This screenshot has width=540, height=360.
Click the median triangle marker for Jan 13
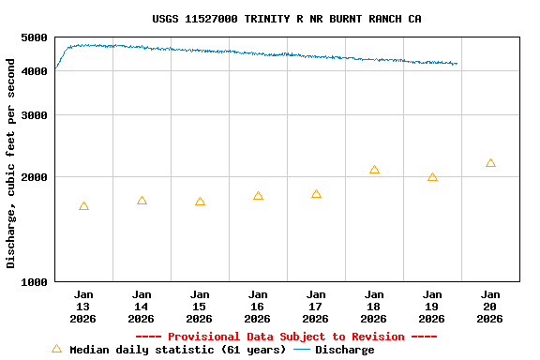(x=83, y=206)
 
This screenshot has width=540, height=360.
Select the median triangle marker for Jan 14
(x=142, y=201)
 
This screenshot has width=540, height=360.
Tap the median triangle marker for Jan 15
(x=200, y=202)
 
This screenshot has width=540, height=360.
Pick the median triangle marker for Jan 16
(x=258, y=196)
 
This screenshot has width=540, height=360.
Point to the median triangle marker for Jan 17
(x=316, y=194)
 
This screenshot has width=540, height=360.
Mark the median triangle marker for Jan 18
(x=374, y=170)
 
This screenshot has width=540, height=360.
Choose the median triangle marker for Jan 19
(x=432, y=177)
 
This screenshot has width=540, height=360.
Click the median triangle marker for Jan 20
(x=490, y=163)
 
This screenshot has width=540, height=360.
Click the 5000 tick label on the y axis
(x=34, y=37)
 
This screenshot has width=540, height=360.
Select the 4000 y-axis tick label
(x=34, y=71)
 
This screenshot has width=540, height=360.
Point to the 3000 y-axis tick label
(x=34, y=115)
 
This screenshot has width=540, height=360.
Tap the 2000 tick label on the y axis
(x=34, y=177)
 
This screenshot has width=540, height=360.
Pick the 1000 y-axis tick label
(x=34, y=282)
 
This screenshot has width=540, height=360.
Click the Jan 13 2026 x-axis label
(x=83, y=307)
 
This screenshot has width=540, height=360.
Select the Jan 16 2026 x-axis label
(x=258, y=307)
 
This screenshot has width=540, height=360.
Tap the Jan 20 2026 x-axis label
(x=490, y=307)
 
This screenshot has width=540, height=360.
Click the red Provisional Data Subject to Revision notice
(x=286, y=337)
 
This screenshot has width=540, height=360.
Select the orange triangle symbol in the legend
(x=56, y=349)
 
